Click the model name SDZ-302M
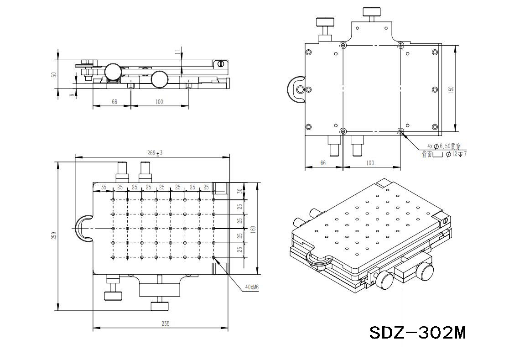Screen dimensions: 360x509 [417, 332]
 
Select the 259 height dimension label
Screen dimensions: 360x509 [54, 236]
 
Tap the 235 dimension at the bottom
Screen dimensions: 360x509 [165, 323]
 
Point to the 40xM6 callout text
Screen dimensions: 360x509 [252, 287]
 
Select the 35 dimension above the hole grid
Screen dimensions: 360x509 [104, 187]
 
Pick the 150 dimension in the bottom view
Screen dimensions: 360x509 [451, 89]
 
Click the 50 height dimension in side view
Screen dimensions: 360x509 [54, 74]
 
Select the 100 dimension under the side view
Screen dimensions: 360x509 [159, 102]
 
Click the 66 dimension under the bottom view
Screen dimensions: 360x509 [323, 163]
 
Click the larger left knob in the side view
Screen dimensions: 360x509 [113, 72]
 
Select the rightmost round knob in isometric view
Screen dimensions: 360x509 [425, 271]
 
